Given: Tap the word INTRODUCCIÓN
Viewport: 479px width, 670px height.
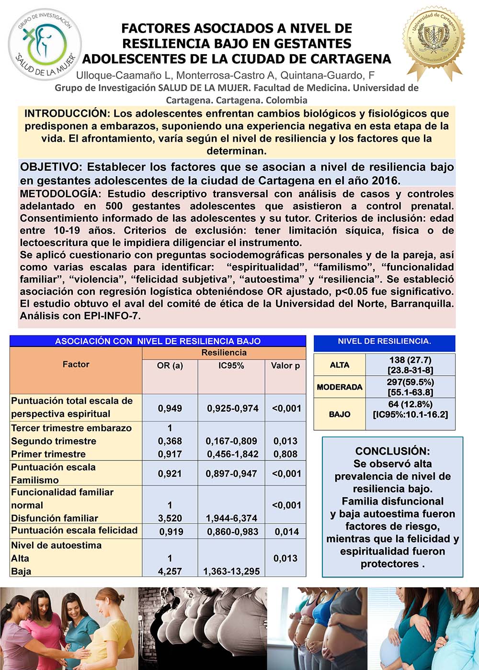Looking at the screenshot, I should [67, 114].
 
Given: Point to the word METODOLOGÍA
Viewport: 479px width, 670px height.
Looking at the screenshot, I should [60, 194].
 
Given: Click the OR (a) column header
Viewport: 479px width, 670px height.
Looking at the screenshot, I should [170, 366].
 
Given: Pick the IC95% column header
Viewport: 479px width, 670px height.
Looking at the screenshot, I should [231, 366].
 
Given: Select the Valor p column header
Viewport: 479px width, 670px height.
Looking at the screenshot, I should [285, 366].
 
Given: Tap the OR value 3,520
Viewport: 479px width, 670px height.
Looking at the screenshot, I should [170, 518].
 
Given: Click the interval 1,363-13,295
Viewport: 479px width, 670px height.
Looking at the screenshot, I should [232, 571].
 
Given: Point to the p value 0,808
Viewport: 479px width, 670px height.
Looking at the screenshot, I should [285, 454].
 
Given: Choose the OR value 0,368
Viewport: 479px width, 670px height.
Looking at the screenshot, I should [170, 441].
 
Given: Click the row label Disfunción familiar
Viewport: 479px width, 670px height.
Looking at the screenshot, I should [55, 518].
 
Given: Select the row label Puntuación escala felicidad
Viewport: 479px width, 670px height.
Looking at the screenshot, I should [74, 531].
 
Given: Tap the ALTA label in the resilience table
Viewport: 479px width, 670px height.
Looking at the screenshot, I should [340, 365].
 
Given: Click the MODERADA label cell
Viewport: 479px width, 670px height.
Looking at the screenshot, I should [340, 387].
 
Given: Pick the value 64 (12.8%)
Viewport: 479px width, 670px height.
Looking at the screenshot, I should [410, 404].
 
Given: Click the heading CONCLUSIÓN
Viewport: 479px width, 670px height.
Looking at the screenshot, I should [393, 451].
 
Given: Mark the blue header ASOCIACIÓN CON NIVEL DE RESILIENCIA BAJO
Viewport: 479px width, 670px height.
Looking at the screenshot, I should [158, 341].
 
